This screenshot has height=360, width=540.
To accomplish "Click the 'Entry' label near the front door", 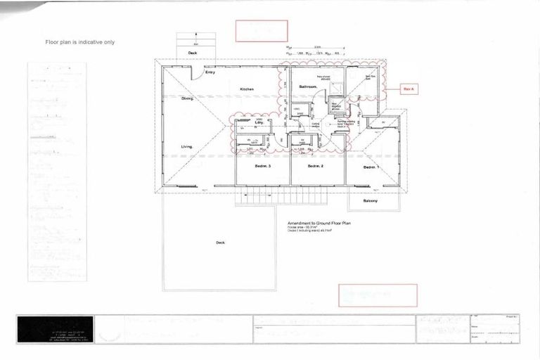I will point(210,72).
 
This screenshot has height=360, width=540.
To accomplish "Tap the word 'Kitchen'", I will point(246,89).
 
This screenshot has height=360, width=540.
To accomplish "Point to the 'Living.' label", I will point(186,146).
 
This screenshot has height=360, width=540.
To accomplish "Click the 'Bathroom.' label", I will point(309,86).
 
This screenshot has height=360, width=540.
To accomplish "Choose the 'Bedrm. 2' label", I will point(315,166).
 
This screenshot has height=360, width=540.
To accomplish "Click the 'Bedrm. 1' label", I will point(371,167).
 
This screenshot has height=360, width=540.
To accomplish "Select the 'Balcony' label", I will point(371,201).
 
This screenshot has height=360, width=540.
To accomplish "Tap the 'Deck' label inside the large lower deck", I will point(220,243).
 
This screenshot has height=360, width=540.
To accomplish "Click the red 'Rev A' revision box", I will point(409,89).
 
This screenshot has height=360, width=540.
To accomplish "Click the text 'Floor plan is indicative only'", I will point(80,42).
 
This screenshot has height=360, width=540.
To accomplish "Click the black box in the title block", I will point(54,328).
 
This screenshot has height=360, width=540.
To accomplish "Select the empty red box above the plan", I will point(262,31).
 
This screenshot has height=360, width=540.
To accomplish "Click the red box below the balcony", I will point(378,295).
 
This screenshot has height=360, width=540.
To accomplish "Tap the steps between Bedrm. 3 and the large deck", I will point(253,199).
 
